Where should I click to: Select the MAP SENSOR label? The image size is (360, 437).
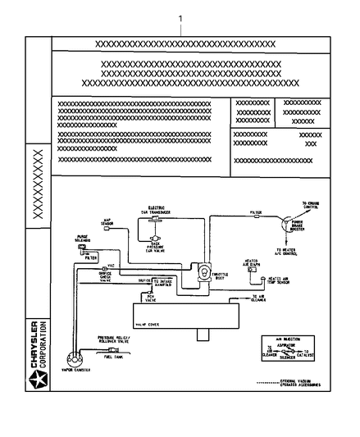(x=107, y=222)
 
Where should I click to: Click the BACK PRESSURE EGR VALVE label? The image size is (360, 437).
(x=157, y=248)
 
